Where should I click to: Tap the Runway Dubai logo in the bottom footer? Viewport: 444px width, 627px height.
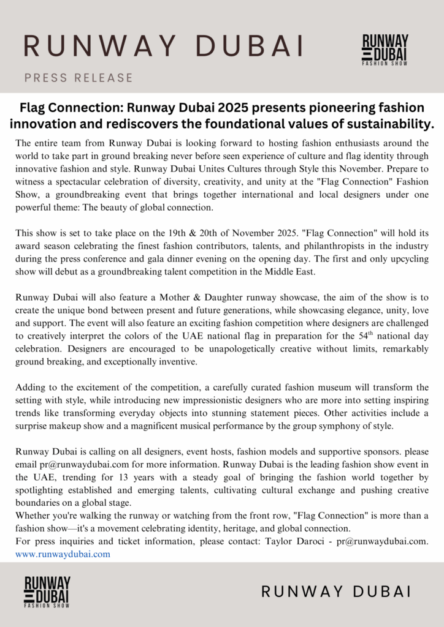click(x=47, y=591)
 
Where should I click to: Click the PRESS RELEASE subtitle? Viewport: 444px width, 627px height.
click(x=78, y=78)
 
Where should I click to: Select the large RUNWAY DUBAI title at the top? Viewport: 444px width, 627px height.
click(x=164, y=45)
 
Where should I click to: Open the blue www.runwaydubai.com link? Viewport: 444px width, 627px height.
click(x=63, y=554)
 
